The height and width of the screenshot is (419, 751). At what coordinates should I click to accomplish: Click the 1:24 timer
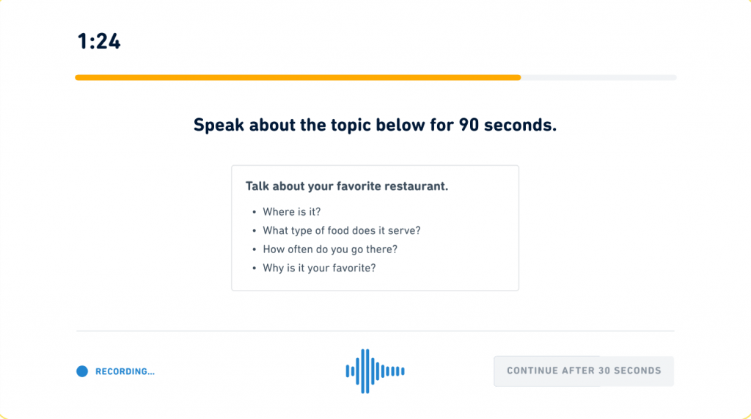click(x=99, y=41)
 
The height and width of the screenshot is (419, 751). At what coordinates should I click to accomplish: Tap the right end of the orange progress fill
click(x=520, y=77)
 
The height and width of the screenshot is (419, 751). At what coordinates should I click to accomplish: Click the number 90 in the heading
click(x=469, y=125)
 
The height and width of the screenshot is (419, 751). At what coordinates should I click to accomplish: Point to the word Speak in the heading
click(x=219, y=125)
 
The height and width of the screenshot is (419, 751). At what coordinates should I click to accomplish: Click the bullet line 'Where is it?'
click(x=292, y=212)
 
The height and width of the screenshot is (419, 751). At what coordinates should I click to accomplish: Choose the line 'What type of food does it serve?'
click(x=342, y=230)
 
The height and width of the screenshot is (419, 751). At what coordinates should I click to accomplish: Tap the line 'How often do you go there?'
click(x=330, y=249)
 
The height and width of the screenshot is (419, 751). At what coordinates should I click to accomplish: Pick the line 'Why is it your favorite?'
click(x=320, y=268)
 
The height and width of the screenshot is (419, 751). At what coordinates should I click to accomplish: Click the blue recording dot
click(x=82, y=371)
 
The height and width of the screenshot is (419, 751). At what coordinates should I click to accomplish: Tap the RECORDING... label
click(x=125, y=371)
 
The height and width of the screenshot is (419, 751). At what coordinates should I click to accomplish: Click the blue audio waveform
click(x=375, y=371)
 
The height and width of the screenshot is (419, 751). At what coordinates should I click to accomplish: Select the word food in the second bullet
click(x=338, y=230)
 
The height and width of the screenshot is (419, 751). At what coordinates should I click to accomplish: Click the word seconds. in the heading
click(x=520, y=125)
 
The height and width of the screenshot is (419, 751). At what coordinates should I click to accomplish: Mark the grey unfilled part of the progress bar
click(x=598, y=77)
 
